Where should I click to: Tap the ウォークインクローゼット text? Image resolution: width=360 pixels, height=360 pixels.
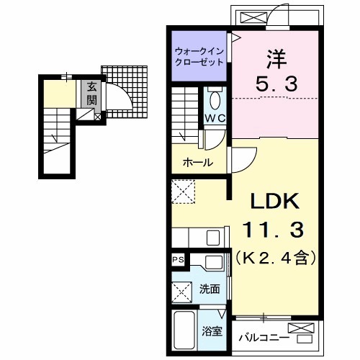(199, 57)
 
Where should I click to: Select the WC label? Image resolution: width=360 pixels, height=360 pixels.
(215, 118)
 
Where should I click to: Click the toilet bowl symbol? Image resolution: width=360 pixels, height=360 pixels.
(215, 101)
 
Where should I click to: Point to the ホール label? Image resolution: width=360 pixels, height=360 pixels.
(198, 163)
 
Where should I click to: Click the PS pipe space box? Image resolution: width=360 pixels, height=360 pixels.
(179, 260)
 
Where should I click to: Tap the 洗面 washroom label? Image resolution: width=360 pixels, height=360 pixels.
(210, 289)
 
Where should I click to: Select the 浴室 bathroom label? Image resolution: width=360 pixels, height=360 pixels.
(212, 331)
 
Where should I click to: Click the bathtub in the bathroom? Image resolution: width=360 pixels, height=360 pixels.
(184, 330)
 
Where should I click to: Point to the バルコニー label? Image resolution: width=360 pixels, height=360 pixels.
(264, 338)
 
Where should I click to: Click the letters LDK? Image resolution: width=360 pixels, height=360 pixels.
(275, 201)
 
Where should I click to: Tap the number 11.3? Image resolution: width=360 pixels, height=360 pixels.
(274, 230)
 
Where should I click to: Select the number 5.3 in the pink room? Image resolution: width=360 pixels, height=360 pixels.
(276, 84)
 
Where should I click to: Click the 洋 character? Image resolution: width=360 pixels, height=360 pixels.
(276, 59)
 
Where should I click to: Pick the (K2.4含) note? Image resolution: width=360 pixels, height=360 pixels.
(275, 258)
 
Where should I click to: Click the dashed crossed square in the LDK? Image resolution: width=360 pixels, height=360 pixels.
(184, 192)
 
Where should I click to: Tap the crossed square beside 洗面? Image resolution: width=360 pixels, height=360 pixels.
(182, 292)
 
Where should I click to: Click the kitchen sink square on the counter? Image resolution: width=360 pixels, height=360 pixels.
(213, 238)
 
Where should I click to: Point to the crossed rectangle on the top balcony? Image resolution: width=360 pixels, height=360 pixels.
(253, 18)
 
